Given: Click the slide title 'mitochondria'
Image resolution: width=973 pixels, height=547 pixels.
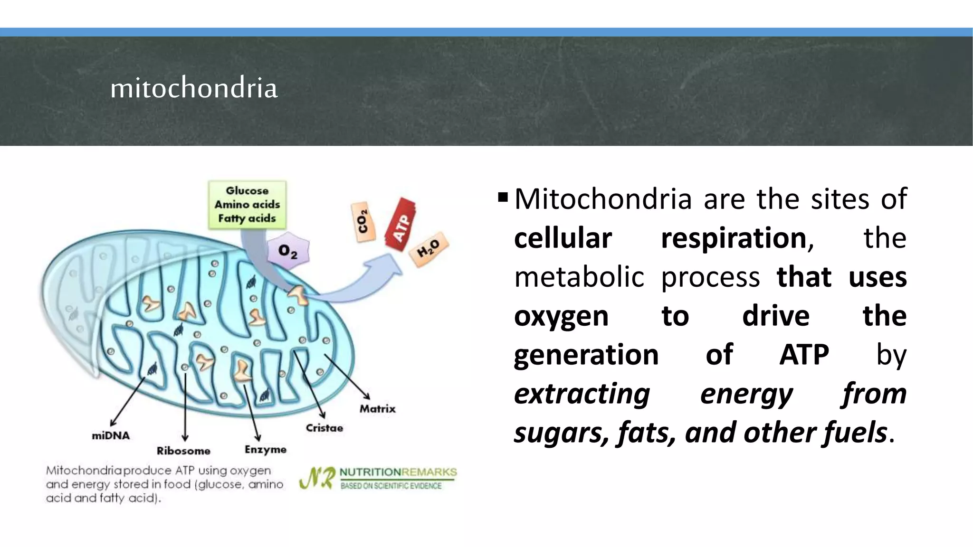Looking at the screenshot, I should [x=194, y=88].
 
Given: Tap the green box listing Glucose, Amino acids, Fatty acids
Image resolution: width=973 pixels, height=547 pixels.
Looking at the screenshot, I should [x=247, y=205].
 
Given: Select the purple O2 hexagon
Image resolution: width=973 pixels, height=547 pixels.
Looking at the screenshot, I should [x=288, y=250].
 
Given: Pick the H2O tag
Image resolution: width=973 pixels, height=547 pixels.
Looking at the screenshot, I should [x=428, y=248].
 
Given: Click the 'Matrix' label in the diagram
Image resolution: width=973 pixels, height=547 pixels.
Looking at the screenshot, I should [x=377, y=409].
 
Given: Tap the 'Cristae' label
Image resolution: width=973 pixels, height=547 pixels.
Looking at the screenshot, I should [x=324, y=428].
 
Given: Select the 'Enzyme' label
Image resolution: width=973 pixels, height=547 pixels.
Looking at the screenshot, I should [x=266, y=449].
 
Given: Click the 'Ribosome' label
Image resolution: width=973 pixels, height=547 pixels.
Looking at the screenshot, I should [x=183, y=451].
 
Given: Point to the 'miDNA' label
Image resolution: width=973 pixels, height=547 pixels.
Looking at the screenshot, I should [x=111, y=435].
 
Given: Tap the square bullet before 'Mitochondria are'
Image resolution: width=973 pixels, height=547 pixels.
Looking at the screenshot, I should [x=503, y=197].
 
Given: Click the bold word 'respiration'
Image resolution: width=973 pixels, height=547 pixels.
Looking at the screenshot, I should [x=734, y=238].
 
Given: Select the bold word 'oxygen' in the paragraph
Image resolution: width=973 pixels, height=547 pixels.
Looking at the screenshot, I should [x=561, y=317].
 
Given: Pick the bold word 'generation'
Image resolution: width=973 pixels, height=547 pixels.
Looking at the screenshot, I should [x=586, y=355].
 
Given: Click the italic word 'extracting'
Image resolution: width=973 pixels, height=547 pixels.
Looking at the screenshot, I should [x=582, y=394].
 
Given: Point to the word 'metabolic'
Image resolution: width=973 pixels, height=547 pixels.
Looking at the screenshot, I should [x=579, y=277].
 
